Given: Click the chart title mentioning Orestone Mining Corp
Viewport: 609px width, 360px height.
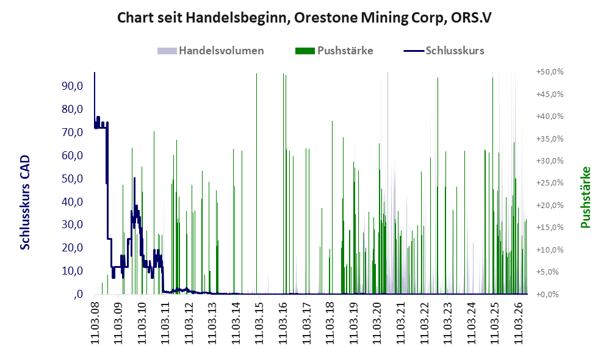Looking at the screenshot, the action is tap(304, 18).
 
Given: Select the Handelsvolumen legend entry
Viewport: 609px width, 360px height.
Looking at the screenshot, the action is tap(211, 51).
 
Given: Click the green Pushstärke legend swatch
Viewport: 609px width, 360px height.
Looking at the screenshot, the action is tap(305, 51).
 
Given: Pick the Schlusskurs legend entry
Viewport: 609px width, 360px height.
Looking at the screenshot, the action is tap(444, 51).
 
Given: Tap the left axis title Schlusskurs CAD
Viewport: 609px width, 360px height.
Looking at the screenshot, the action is tap(25, 203).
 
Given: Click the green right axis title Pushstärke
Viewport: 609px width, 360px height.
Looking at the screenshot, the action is tap(585, 197).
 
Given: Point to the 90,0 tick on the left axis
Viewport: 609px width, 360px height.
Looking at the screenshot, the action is tap(72, 86).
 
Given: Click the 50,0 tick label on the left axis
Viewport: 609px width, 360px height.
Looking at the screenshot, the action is tap(72, 179).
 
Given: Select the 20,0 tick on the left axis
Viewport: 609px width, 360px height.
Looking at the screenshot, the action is tap(72, 248).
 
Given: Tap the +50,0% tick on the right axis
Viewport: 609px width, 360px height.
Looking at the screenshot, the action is tap(550, 72).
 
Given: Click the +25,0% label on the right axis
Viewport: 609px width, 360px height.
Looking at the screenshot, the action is tap(550, 183).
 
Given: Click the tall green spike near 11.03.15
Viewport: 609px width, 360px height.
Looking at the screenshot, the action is tap(256, 183).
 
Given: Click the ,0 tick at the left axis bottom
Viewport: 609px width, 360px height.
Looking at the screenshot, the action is tap(77, 294).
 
